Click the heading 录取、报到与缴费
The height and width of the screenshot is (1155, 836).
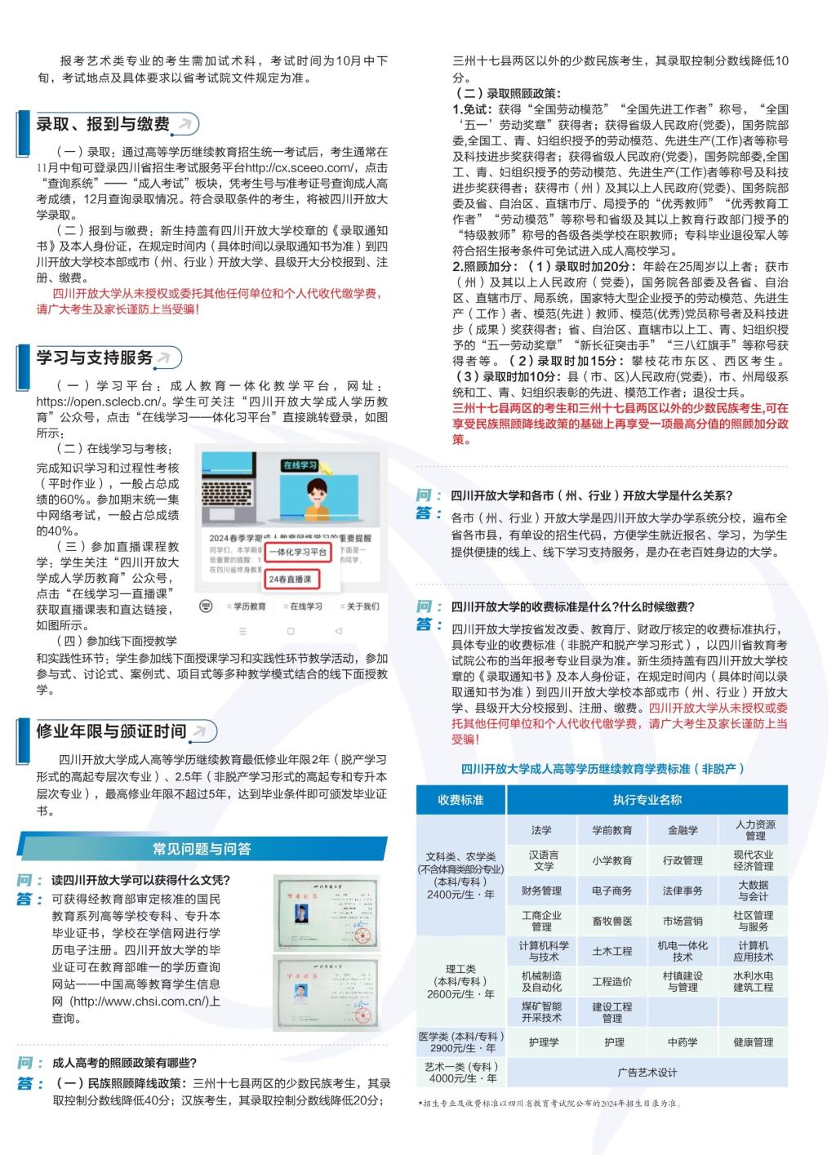pyautogui.click(x=103, y=124)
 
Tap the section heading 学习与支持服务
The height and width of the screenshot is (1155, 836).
pyautogui.click(x=95, y=358)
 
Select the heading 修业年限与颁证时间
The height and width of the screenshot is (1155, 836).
pyautogui.click(x=111, y=731)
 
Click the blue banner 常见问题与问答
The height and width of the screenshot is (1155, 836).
pyautogui.click(x=202, y=849)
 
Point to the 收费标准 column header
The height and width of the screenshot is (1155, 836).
pyautogui.click(x=460, y=800)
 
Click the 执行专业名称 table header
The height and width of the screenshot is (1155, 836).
pyautogui.click(x=647, y=800)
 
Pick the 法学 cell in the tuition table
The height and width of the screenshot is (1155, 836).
pyautogui.click(x=541, y=830)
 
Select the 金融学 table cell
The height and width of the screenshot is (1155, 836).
pyautogui.click(x=683, y=830)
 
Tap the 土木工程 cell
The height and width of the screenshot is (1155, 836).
pyautogui.click(x=612, y=951)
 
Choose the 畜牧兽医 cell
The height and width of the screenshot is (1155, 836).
pyautogui.click(x=612, y=921)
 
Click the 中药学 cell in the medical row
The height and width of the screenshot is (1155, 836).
pyautogui.click(x=683, y=1042)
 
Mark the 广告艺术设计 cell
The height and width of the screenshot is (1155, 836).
pyautogui.click(x=647, y=1073)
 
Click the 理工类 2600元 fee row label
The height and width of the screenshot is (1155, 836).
pyautogui.click(x=460, y=981)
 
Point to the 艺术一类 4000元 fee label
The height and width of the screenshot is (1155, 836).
pyautogui.click(x=460, y=1073)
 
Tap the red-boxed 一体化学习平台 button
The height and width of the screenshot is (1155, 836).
pyautogui.click(x=298, y=553)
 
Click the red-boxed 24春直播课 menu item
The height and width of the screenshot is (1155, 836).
pyautogui.click(x=290, y=579)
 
